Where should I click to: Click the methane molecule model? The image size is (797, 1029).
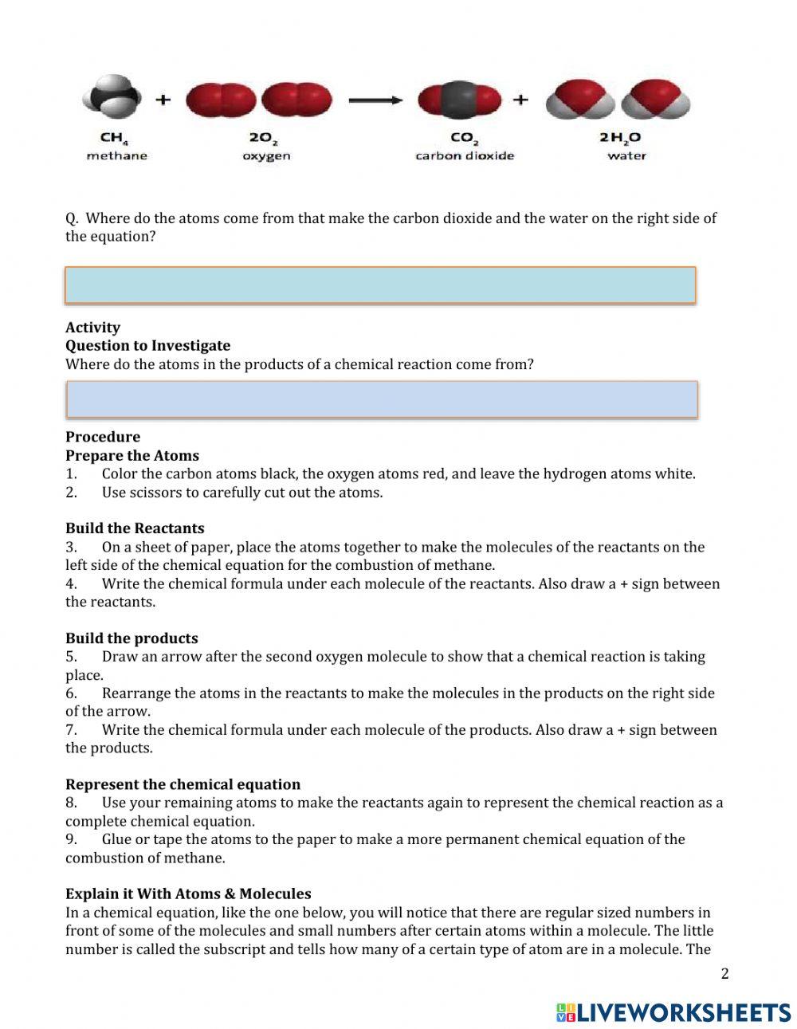click(x=112, y=99)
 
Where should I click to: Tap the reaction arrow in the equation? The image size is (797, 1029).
click(x=375, y=100)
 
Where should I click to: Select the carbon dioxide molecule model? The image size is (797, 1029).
click(x=460, y=100)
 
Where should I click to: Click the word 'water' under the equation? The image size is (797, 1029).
click(x=626, y=156)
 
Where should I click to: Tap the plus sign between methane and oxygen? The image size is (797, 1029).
click(x=163, y=100)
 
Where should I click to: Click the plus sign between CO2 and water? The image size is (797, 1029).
click(x=520, y=100)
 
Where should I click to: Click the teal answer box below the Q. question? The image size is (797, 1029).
click(x=380, y=285)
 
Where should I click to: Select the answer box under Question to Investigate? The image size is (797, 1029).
click(x=381, y=399)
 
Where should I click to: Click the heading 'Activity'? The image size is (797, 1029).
click(x=92, y=328)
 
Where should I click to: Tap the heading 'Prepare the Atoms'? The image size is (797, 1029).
click(x=132, y=456)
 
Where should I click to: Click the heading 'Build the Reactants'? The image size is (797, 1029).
click(x=135, y=528)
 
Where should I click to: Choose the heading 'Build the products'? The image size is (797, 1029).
click(x=132, y=638)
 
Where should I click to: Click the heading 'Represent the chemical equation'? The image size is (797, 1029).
click(x=183, y=784)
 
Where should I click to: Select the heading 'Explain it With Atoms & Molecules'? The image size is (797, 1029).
click(x=188, y=894)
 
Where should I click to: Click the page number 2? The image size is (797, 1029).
click(x=724, y=973)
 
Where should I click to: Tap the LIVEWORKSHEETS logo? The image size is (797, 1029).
click(x=673, y=1012)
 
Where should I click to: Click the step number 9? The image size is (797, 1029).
click(x=71, y=839)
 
